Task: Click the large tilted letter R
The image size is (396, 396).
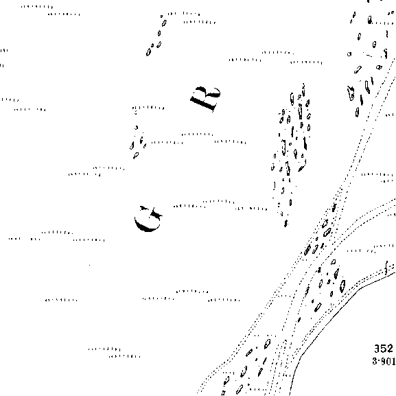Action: coord(205,98)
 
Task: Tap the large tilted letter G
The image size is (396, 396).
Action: coord(148,219)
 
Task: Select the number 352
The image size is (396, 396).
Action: coord(384,349)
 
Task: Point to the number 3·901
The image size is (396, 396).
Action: coord(384,361)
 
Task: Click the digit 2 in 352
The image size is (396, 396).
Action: coord(390,349)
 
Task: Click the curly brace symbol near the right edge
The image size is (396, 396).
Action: coord(386,268)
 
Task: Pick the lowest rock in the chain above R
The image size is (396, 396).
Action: coord(148,52)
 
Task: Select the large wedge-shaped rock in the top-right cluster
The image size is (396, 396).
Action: coord(351,93)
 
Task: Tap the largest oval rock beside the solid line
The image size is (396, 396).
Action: coord(342,286)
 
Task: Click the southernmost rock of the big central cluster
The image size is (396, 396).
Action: coord(286,223)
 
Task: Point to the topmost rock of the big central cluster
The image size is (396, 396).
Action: coord(303,86)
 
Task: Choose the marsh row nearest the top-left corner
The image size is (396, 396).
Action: coord(37,7)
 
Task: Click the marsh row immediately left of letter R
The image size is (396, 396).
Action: coord(148,108)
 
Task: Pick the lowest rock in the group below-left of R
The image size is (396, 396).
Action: coord(136,155)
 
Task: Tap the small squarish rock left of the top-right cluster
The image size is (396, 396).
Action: coord(349,54)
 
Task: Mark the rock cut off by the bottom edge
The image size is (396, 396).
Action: coord(223,393)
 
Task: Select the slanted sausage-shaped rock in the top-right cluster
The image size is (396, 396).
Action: coord(358,69)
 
